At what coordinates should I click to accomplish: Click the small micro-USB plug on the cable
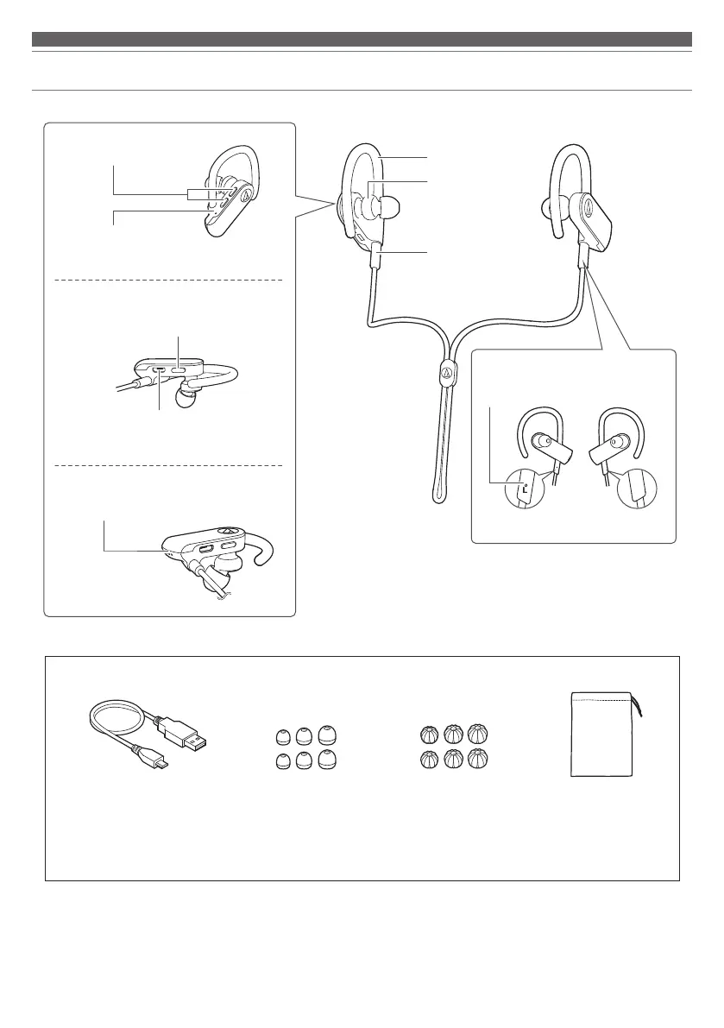point(160,760)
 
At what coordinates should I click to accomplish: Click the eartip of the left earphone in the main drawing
point(389,207)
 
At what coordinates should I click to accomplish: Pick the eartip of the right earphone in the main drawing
point(547,207)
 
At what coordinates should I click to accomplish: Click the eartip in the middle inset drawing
point(184,400)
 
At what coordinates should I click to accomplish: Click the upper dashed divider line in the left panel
point(169,280)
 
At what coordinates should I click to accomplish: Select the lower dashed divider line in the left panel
point(169,465)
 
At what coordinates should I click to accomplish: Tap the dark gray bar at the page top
point(362,39)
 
